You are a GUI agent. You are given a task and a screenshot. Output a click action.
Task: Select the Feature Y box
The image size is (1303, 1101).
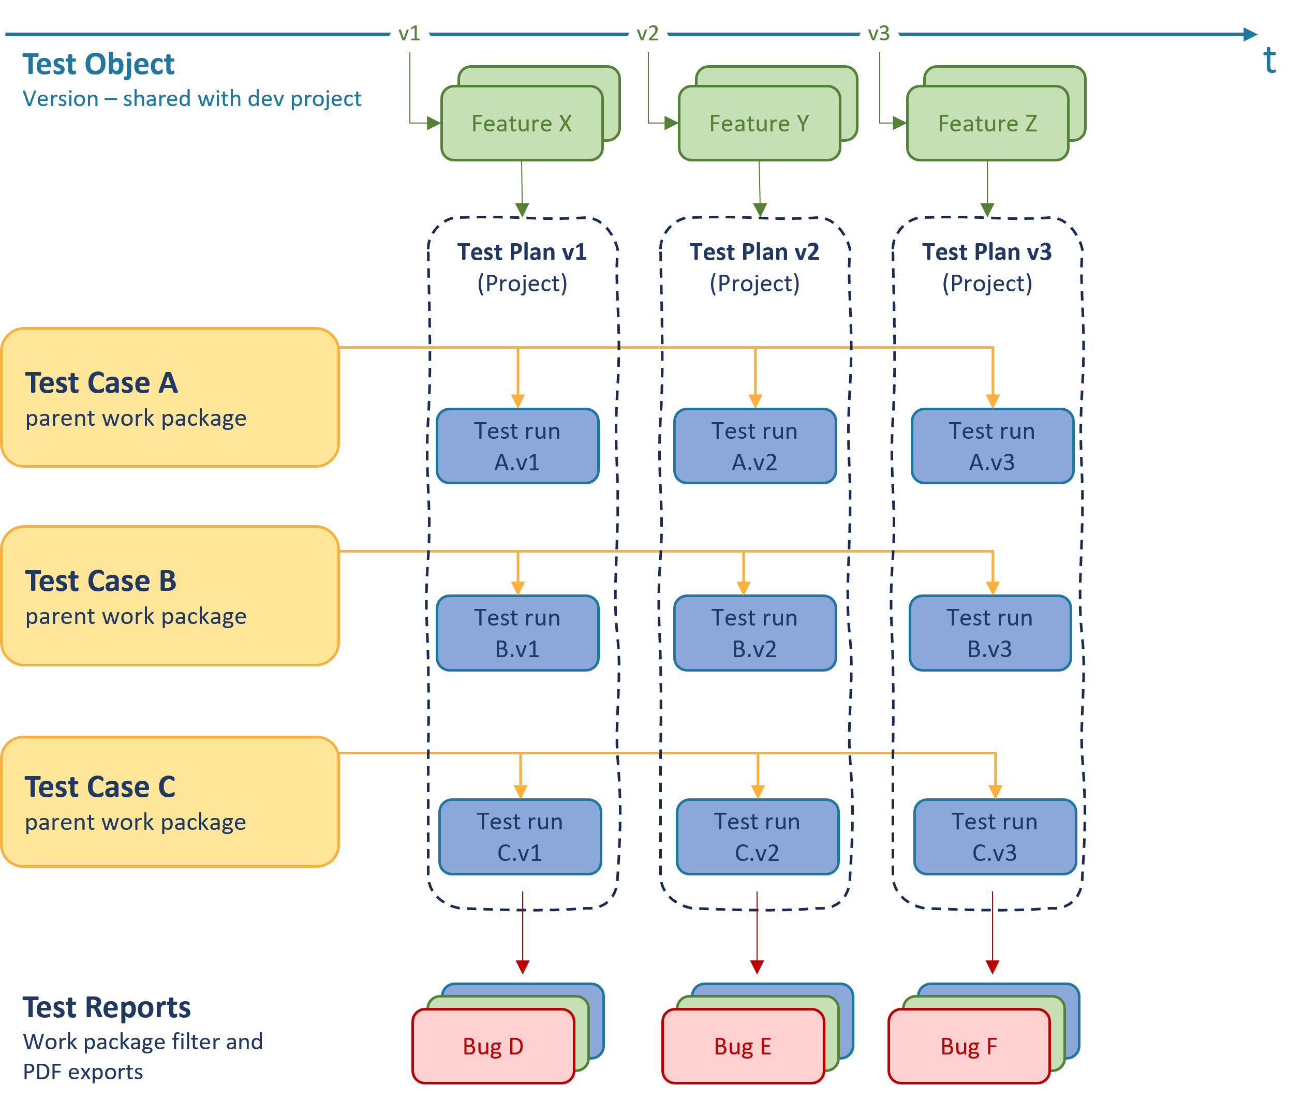tap(759, 124)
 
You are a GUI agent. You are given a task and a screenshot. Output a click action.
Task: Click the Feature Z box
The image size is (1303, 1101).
tap(987, 124)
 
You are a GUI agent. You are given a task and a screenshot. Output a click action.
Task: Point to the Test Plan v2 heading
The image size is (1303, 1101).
tap(754, 251)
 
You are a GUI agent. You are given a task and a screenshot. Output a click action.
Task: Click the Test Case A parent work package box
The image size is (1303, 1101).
tap(170, 397)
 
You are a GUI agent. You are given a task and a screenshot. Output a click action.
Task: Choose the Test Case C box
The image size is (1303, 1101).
tap(170, 802)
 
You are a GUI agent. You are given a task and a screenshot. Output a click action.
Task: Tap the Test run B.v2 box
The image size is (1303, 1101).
tap(754, 633)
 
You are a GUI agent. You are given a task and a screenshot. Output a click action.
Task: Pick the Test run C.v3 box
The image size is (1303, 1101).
tap(995, 837)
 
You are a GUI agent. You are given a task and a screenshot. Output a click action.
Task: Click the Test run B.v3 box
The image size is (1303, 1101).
tap(989, 633)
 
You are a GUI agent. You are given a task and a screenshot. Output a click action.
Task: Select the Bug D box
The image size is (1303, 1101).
tap(493, 1046)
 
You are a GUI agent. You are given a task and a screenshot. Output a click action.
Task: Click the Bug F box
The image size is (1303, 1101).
tap(968, 1046)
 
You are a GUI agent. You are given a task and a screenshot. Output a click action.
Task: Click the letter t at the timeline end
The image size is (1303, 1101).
tap(1269, 61)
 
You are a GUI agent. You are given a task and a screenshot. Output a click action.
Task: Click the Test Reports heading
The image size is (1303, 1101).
tap(107, 1007)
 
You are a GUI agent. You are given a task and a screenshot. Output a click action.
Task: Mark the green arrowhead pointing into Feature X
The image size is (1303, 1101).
tap(434, 123)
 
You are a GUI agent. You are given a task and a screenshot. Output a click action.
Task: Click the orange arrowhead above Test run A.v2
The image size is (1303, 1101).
tap(755, 400)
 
